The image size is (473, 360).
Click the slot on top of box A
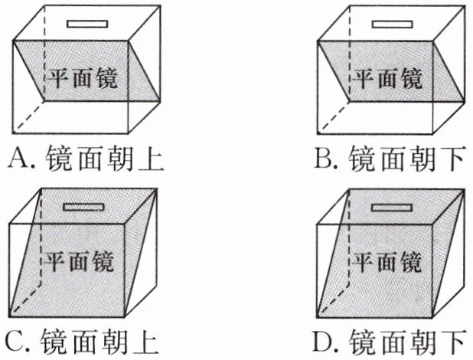[83, 22]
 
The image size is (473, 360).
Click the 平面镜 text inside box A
[84, 77]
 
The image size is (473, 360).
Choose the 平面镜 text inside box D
[388, 261]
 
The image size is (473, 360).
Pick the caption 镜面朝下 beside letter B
[407, 159]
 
